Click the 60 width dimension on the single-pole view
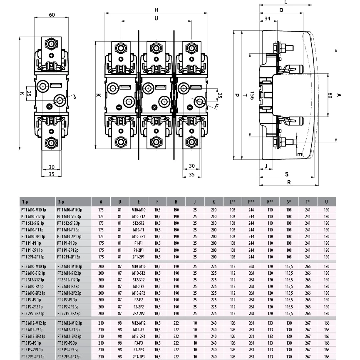[x=52, y=15]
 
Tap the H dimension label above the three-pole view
[x=156, y=10]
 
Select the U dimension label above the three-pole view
[x=156, y=18]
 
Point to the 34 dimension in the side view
[x=268, y=18]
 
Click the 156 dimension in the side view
[x=252, y=95]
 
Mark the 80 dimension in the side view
[x=330, y=95]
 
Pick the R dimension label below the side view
[x=289, y=182]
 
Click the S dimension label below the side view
[x=287, y=174]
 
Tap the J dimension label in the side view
[x=266, y=166]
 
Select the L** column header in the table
[x=233, y=202]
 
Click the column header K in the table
[x=214, y=202]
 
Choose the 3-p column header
[x=61, y=202]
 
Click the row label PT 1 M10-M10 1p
[x=34, y=210]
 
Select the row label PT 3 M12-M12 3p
[x=70, y=323]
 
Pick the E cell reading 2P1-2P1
[x=139, y=257]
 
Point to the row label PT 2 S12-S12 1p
[x=32, y=280]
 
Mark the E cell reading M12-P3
[x=139, y=330]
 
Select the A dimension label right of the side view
[x=338, y=95]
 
